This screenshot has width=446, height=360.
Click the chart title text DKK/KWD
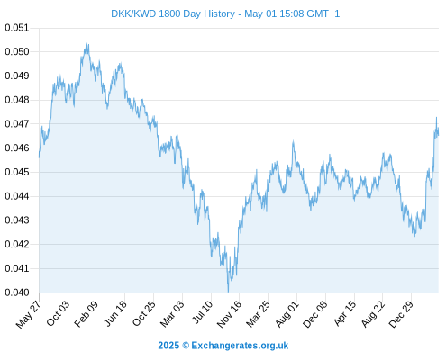click(x=133, y=13)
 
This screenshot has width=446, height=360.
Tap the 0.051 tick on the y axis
click(x=17, y=28)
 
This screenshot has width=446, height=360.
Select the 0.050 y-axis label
click(x=17, y=51)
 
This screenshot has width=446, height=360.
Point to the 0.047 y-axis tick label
click(x=17, y=123)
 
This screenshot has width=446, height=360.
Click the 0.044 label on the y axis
click(x=17, y=196)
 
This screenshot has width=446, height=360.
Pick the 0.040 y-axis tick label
click(x=17, y=292)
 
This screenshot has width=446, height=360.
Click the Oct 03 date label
click(x=59, y=313)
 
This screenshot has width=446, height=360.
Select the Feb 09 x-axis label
click(x=86, y=313)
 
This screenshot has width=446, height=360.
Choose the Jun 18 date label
click(x=115, y=313)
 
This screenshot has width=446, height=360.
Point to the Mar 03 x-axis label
click(x=172, y=314)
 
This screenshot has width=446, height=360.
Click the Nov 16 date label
click(x=229, y=314)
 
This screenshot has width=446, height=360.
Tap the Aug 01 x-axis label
click(x=287, y=314)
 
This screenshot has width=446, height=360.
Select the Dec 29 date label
click(x=401, y=314)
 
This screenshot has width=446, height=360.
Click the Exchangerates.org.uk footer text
click(x=240, y=346)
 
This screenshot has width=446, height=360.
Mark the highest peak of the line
click(x=87, y=43)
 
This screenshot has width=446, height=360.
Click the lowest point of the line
click(x=228, y=292)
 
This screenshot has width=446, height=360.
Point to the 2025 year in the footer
click(x=168, y=346)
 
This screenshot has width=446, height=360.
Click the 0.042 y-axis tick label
click(x=17, y=244)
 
